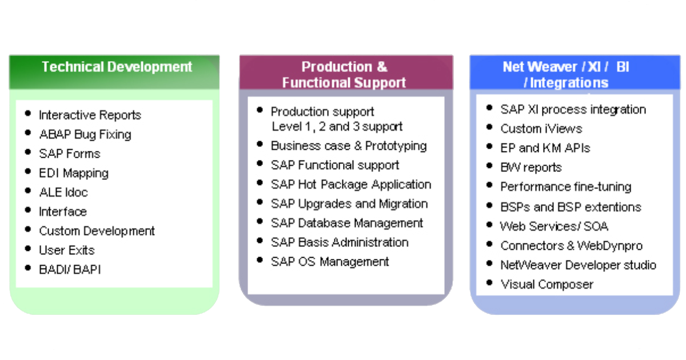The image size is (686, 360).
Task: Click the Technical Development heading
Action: [x=117, y=67]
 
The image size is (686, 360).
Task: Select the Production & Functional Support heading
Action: [x=344, y=74]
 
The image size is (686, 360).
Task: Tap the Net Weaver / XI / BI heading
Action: [x=566, y=74]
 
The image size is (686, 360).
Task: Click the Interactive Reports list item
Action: [x=90, y=115]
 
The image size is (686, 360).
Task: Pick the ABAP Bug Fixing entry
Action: [x=85, y=134]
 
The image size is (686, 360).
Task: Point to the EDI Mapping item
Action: [x=73, y=173]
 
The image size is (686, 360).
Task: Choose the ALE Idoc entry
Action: [x=63, y=192]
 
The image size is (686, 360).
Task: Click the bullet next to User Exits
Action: [x=29, y=249]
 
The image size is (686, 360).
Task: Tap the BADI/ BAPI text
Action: [x=70, y=269]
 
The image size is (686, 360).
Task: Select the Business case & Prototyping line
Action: [x=349, y=146]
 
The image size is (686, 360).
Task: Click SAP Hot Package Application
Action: [x=351, y=185]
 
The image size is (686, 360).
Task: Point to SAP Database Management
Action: [x=347, y=223]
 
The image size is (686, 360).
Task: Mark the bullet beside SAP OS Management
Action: [x=261, y=261]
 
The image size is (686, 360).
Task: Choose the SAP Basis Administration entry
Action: [x=340, y=242]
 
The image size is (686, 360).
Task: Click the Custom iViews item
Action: [x=541, y=129]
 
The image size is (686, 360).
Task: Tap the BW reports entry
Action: [x=531, y=167]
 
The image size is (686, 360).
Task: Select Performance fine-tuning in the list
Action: [x=566, y=187]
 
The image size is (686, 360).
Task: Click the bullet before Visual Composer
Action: [x=490, y=282]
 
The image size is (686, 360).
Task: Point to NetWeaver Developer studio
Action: [x=578, y=265]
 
